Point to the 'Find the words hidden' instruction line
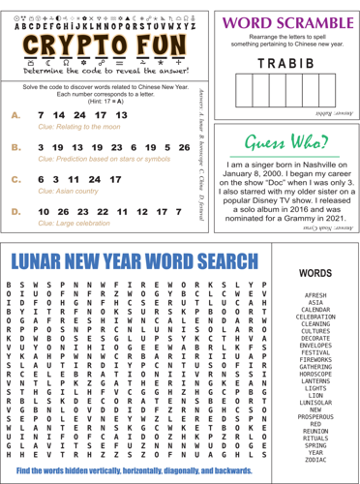146,469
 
